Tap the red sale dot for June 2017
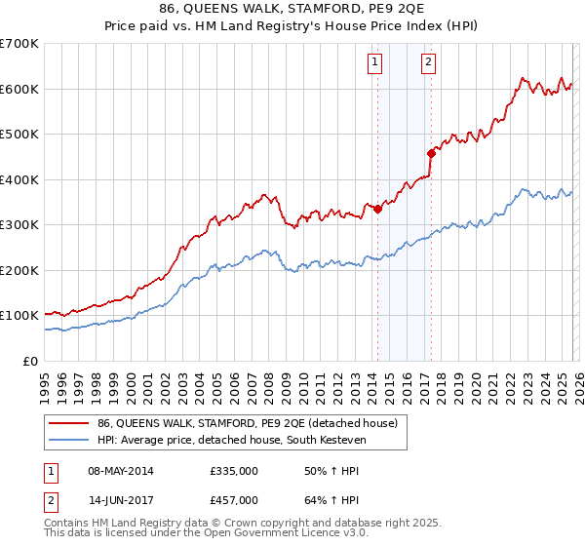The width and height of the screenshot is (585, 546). point(431,153)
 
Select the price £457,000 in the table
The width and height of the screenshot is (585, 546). point(233,498)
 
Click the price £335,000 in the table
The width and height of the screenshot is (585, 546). point(233,471)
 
